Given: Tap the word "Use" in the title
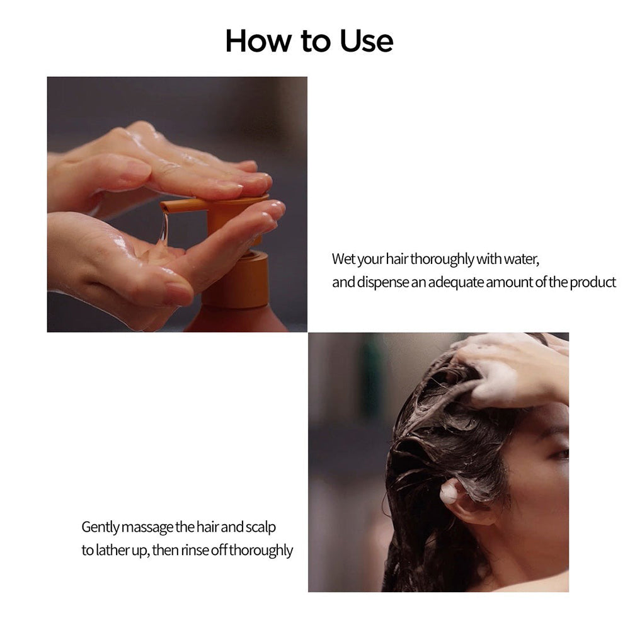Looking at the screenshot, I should click(366, 41).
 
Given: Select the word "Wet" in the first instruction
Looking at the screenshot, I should click(343, 259).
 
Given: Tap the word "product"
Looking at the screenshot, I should click(593, 282).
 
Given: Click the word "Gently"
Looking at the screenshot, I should click(100, 527).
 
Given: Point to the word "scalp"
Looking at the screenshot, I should click(260, 527).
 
